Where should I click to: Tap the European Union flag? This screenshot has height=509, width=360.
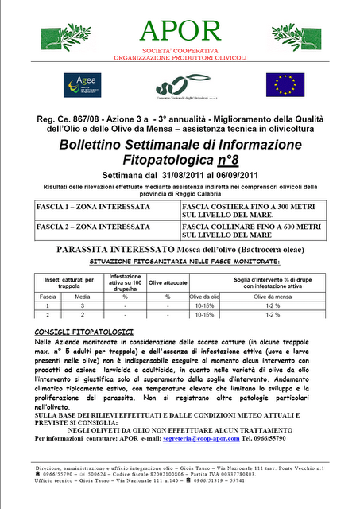(285, 84)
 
